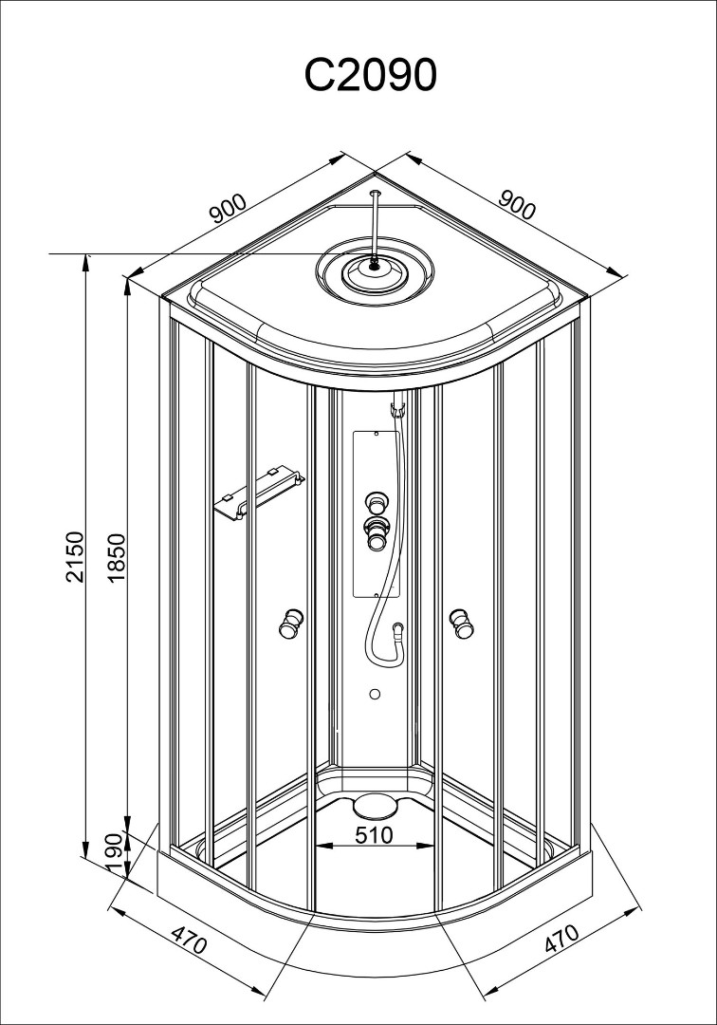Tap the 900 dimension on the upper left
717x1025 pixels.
click(229, 209)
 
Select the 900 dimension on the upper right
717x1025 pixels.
click(517, 205)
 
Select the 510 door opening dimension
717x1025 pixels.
click(373, 835)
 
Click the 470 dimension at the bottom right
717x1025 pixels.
click(561, 940)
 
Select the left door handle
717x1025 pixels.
click(288, 623)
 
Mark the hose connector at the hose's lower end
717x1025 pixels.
click(398, 628)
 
